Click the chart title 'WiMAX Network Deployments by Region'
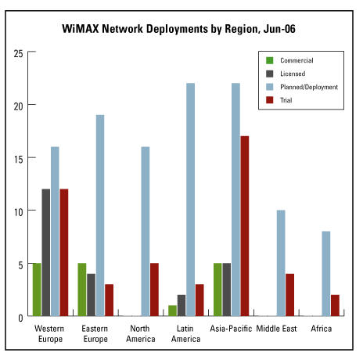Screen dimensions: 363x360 [x=160, y=29]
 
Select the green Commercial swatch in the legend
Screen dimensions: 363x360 [x=269, y=60]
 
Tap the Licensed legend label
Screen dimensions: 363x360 [x=293, y=74]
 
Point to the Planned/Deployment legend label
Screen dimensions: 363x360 [x=309, y=87]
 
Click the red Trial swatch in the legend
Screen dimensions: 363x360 [x=269, y=100]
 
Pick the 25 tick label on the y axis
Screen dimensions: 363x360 [x=19, y=54]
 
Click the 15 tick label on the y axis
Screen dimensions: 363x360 [x=19, y=160]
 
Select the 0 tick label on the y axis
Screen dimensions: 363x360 [x=20, y=318]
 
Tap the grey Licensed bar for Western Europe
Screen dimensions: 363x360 [x=46, y=253]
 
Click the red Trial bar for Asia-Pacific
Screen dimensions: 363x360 [x=245, y=226]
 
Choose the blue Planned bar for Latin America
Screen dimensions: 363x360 [x=190, y=200]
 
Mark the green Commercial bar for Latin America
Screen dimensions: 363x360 [x=172, y=311]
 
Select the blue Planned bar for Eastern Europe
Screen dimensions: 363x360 [x=100, y=215]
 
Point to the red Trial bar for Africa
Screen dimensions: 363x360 [x=335, y=305]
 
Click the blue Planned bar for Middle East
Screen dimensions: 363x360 [x=281, y=263]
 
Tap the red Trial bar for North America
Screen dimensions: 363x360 [x=154, y=290]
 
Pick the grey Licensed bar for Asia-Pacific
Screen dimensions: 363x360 [x=227, y=290]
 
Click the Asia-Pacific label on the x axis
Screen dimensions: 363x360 [x=231, y=329]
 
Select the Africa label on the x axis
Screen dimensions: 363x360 [x=322, y=329]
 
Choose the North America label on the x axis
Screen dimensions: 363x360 [x=141, y=333]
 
